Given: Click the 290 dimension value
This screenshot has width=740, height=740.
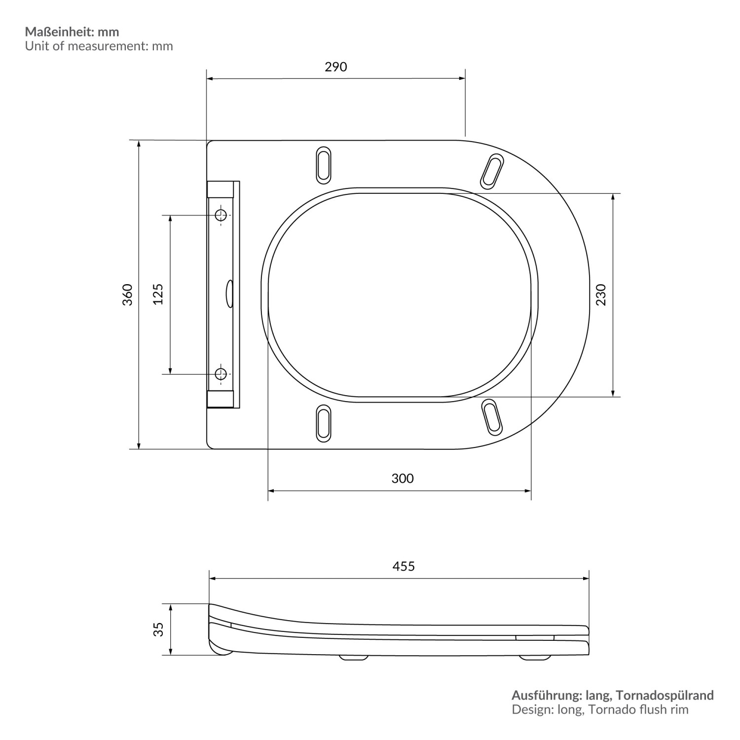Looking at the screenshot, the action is point(335,67).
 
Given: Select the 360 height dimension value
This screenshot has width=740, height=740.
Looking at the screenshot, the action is point(128,295).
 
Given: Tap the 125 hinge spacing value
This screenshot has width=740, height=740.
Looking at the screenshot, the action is point(158,294).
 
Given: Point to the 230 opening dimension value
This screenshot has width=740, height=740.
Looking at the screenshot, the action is point(601,295).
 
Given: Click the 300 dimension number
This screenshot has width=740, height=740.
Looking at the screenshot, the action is point(403,478).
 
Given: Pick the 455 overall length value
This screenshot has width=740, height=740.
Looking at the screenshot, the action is point(404,566).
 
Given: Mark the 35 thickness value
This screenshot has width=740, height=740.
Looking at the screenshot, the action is point(158,629).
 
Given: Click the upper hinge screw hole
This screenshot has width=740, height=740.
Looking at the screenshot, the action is point(221,215).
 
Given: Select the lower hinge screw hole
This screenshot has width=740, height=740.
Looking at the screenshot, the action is point(221,374).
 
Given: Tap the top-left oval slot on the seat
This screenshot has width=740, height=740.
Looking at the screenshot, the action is point(324,163).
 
